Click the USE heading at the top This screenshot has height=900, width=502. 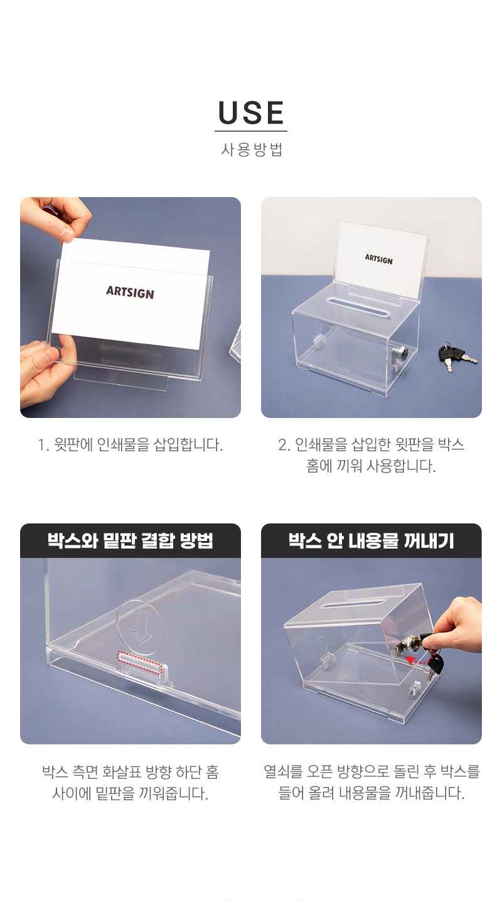[x=251, y=112]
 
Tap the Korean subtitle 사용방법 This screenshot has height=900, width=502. [x=252, y=149]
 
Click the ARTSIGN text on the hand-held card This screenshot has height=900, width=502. [x=130, y=292]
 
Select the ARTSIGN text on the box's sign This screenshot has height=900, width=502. [x=379, y=259]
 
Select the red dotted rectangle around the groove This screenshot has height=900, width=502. [x=139, y=662]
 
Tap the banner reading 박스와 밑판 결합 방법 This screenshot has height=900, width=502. [x=131, y=540]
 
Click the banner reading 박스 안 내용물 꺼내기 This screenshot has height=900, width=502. [x=371, y=540]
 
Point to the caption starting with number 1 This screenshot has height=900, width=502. [x=130, y=445]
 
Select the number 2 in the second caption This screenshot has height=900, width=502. [x=284, y=445]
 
